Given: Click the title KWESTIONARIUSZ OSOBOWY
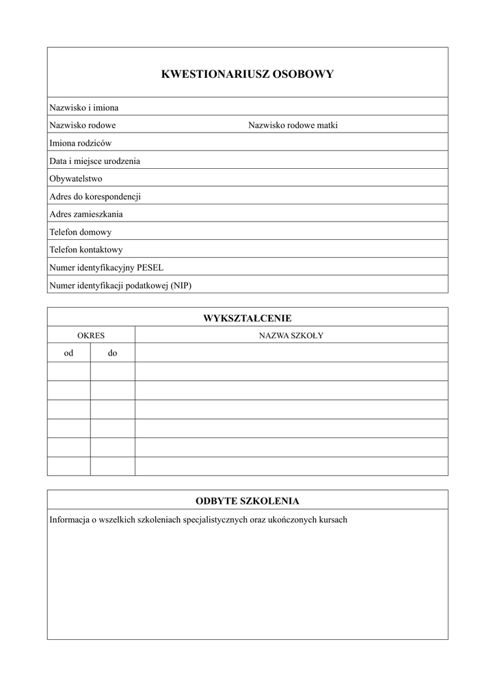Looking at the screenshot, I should pyautogui.click(x=247, y=75).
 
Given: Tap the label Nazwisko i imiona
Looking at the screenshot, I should pyautogui.click(x=84, y=107).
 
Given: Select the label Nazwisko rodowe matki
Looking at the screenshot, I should pyautogui.click(x=293, y=125).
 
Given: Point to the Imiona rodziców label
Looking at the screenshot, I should pyautogui.click(x=81, y=143).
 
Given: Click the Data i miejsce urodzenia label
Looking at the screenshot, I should pyautogui.click(x=95, y=161).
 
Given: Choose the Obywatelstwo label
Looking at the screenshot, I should pyautogui.click(x=76, y=178).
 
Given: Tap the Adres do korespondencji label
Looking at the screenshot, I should pyautogui.click(x=95, y=196).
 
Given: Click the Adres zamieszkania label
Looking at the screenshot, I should pyautogui.click(x=86, y=214).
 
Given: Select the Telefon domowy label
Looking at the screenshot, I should pyautogui.click(x=81, y=232).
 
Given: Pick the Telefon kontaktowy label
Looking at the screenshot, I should pyautogui.click(x=86, y=250).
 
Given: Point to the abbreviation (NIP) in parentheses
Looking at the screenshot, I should pyautogui.click(x=181, y=285).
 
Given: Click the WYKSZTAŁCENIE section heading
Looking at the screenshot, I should pyautogui.click(x=247, y=318).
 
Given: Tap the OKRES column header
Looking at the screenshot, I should pyautogui.click(x=91, y=336).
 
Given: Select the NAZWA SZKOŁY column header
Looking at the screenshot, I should pyautogui.click(x=291, y=336).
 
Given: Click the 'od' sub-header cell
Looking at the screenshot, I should pyautogui.click(x=68, y=353).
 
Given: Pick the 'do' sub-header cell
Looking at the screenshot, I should pyautogui.click(x=112, y=353).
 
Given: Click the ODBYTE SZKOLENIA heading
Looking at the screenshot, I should pyautogui.click(x=247, y=500).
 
